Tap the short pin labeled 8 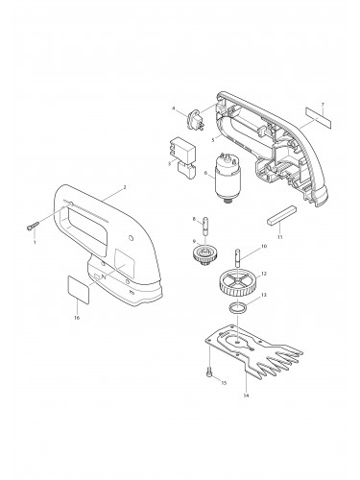click(x=203, y=230)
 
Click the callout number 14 click(x=247, y=395)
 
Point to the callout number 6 click(x=204, y=174)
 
